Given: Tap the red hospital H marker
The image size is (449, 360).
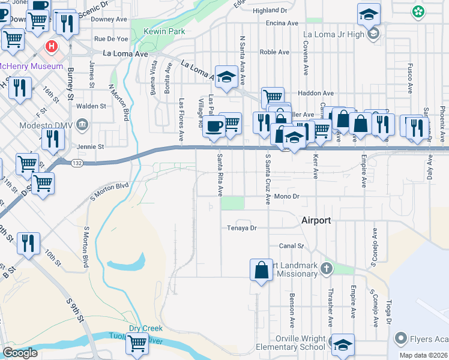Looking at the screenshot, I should click(53, 46).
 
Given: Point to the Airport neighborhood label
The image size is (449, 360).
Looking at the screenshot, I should click(316, 220).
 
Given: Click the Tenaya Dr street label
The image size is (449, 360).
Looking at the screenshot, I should click(241, 228).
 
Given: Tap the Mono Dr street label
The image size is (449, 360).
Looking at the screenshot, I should click(286, 196).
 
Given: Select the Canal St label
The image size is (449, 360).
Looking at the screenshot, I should click(292, 246).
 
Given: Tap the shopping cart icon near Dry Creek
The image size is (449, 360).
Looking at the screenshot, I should click(137, 344).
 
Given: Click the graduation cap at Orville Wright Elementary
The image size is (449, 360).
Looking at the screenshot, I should click(343, 345).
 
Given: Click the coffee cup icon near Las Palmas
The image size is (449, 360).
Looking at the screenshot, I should click(214, 126).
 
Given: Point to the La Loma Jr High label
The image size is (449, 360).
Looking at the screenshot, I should click(343, 34).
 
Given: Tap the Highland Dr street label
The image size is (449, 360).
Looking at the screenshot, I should click(270, 10).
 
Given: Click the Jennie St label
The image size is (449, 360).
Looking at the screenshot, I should click(90, 146).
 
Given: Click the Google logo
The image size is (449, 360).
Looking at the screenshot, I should click(20, 353).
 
